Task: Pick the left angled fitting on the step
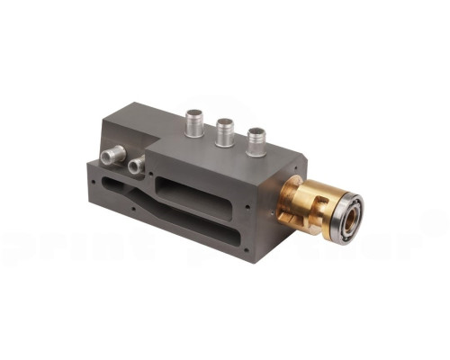pyautogui.click(x=112, y=157)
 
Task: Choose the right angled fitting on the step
pyautogui.click(x=136, y=164)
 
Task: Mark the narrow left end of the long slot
pyautogui.click(x=106, y=187)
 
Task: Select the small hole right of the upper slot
pyautogui.click(x=247, y=203)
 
